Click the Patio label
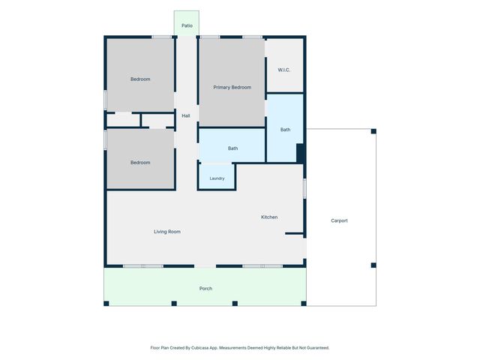pyautogui.click(x=187, y=25)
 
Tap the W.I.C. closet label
pyautogui.click(x=284, y=70)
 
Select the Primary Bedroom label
pyautogui.click(x=232, y=88)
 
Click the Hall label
pyautogui.click(x=186, y=115)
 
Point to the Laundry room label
pyautogui.click(x=217, y=178)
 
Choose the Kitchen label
pyautogui.click(x=269, y=217)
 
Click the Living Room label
pyautogui.click(x=167, y=232)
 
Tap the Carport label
pyautogui.click(x=339, y=220)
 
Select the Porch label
pyautogui.click(x=205, y=288)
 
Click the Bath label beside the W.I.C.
pyautogui.click(x=285, y=130)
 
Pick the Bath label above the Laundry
pyautogui.click(x=233, y=148)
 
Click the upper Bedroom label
pyautogui.click(x=140, y=79)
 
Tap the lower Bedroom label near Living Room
pyautogui.click(x=140, y=163)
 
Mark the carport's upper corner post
pyautogui.click(x=373, y=131)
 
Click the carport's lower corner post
pyautogui.click(x=373, y=265)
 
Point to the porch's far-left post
pyautogui.click(x=106, y=303)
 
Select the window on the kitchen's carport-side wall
pyautogui.click(x=304, y=188)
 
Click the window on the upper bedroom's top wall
pyautogui.click(x=162, y=37)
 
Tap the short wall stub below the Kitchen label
pyautogui.click(x=294, y=233)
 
